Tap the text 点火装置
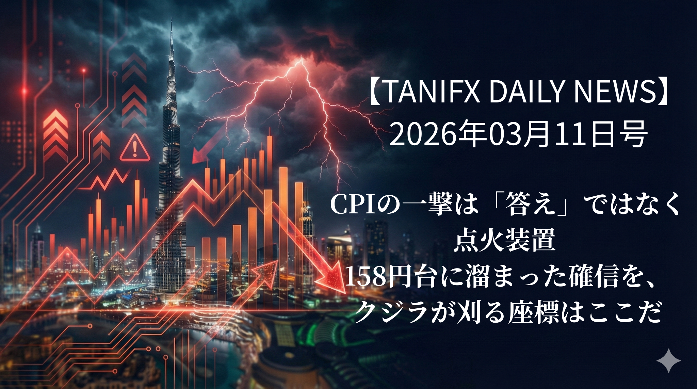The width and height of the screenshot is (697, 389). click(x=504, y=240)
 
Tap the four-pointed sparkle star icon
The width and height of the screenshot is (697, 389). click(x=668, y=360)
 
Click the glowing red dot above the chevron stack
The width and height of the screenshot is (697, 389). click(x=83, y=71)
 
